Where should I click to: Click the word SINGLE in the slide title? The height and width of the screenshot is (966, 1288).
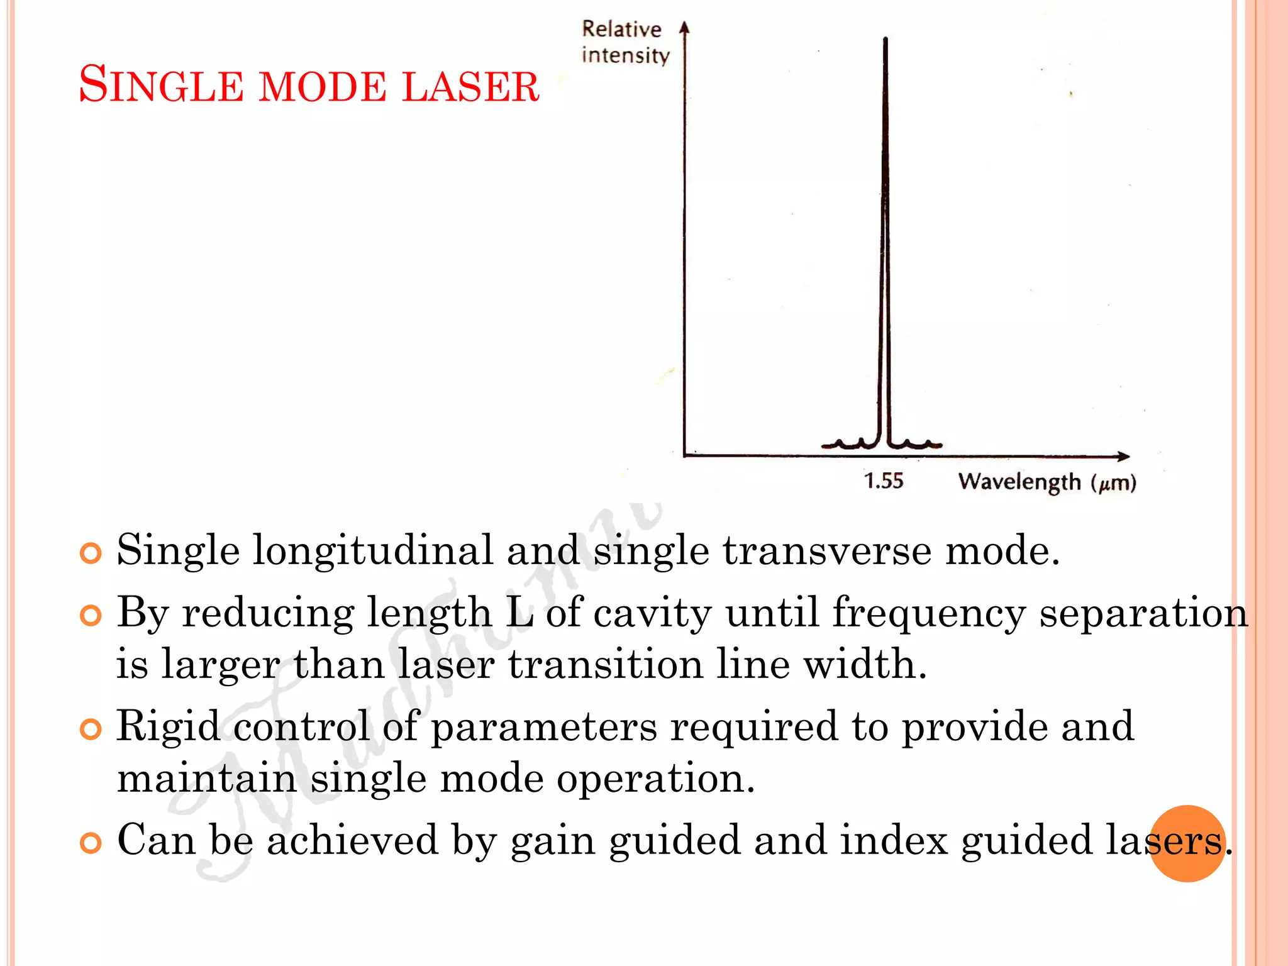click(x=161, y=85)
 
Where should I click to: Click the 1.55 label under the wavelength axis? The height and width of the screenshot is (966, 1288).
click(x=883, y=481)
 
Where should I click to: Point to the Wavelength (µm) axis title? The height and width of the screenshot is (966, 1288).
click(x=1047, y=482)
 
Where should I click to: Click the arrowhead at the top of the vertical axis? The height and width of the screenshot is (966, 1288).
click(x=685, y=28)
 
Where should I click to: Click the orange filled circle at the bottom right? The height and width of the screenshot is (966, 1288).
click(x=1187, y=843)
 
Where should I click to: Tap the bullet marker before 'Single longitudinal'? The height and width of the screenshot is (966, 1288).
click(x=91, y=553)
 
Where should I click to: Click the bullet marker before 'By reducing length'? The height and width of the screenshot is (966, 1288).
click(x=91, y=615)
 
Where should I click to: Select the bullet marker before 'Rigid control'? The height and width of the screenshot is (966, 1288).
click(x=91, y=730)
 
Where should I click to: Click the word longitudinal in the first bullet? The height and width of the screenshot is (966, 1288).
click(x=372, y=551)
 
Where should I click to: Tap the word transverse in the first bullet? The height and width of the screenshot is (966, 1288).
click(x=826, y=551)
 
